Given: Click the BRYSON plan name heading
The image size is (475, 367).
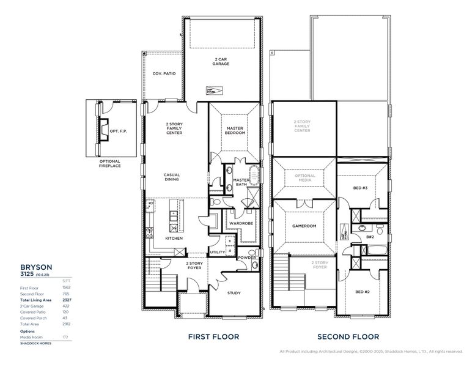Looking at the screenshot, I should click(37, 267).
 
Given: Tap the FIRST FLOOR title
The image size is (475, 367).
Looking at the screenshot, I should click(213, 336).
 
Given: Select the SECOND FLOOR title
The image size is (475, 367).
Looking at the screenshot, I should click(348, 336).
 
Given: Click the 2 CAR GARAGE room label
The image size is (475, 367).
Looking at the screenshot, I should click(221, 61).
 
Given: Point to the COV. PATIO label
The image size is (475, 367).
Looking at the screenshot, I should click(164, 73).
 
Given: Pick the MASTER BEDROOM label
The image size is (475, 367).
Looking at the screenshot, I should click(235, 130).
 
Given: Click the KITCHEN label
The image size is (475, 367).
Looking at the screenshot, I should click(174, 238).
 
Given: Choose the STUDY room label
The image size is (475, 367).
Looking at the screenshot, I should click(234, 293).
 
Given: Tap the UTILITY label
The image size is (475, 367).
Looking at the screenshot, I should click(217, 251).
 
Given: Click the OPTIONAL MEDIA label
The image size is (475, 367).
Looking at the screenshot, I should click(305, 177).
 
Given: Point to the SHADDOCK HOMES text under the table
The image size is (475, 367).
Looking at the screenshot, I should click(35, 343).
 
